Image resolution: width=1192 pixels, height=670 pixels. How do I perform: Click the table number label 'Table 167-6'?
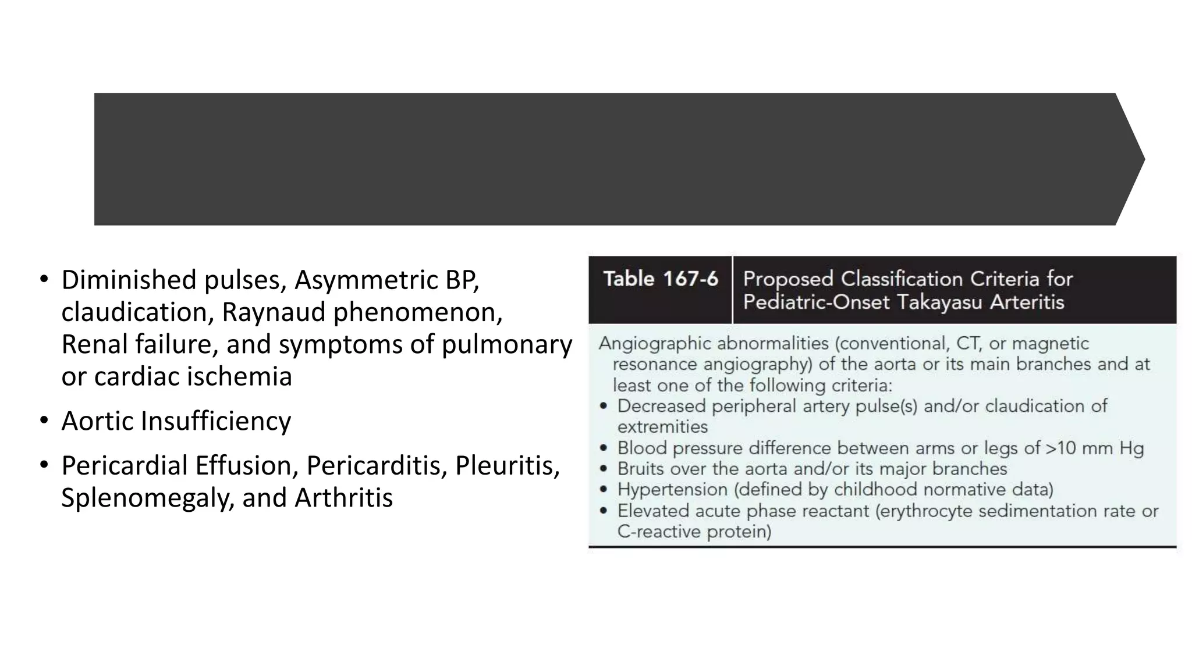tap(660, 279)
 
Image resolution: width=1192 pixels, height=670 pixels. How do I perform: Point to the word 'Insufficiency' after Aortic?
tap(215, 421)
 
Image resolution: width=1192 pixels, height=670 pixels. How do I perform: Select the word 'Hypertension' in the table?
tap(672, 490)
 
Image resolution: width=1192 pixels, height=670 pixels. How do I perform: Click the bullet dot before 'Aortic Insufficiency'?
tap(44, 420)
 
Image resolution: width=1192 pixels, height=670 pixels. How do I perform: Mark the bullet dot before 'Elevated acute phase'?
tap(604, 511)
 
